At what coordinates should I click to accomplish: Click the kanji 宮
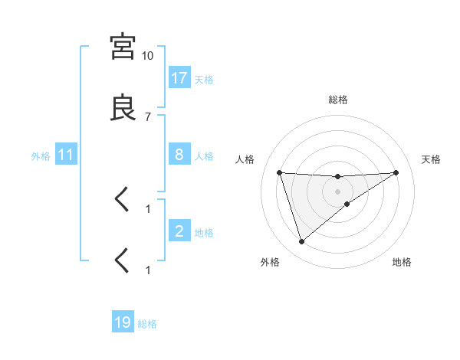pos(123,47)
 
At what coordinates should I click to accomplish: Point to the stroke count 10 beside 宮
pos(147,56)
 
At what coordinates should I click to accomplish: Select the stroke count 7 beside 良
pos(147,116)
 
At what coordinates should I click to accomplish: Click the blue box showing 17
pos(179,78)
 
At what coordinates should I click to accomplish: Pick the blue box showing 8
pos(179,155)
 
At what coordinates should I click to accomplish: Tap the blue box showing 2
pos(179,231)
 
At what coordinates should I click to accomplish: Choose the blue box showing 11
pos(66,155)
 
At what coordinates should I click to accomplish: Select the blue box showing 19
pos(123,322)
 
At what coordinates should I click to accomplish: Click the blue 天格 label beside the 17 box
pos(204,79)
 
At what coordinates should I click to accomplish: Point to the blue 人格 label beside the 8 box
pos(204,155)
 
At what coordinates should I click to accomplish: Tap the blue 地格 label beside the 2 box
pos(204,232)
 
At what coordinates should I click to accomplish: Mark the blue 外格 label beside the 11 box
pos(41,155)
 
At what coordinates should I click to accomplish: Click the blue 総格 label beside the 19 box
pos(147,323)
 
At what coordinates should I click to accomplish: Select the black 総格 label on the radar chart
pos(338,100)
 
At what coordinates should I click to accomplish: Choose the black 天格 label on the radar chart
pos(432,159)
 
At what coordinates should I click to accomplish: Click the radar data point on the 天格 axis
pos(396,172)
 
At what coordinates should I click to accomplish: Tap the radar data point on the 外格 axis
pos(301,242)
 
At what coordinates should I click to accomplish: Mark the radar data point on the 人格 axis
pos(280,172)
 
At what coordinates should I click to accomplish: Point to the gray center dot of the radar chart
pos(338,191)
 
